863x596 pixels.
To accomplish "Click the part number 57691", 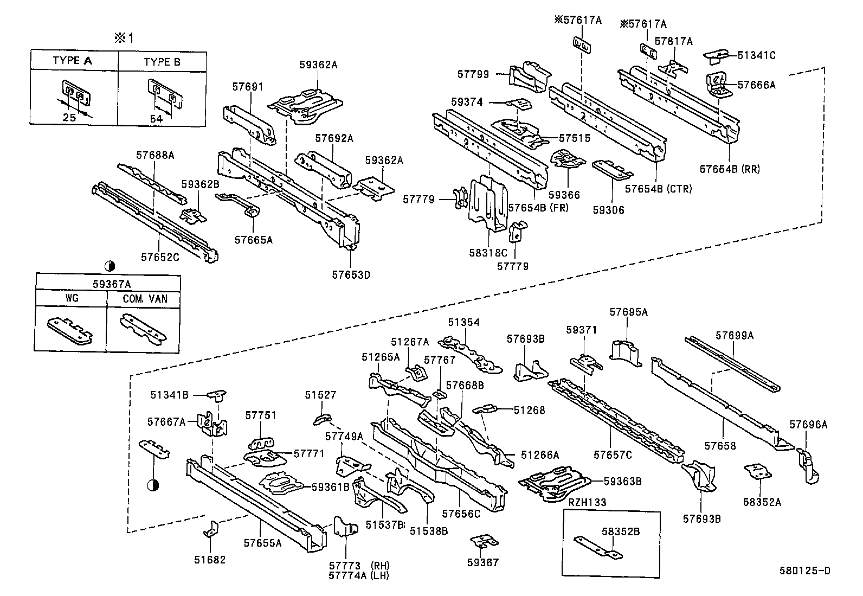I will [x=248, y=87].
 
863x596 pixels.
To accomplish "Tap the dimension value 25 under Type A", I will [x=69, y=117].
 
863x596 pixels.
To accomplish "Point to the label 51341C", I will [x=756, y=55].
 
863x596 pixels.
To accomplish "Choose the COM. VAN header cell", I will [x=144, y=299].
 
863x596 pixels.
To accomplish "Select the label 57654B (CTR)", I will [x=658, y=189].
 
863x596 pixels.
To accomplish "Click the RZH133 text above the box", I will [x=587, y=503].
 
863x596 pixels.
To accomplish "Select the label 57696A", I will [x=808, y=425].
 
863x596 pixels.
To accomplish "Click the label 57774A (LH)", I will [x=358, y=576].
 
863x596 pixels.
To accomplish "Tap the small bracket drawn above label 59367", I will [x=484, y=541].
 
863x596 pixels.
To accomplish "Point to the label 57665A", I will [x=253, y=239].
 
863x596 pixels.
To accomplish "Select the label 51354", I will [x=463, y=322].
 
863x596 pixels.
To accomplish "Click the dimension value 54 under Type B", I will [x=156, y=119].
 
